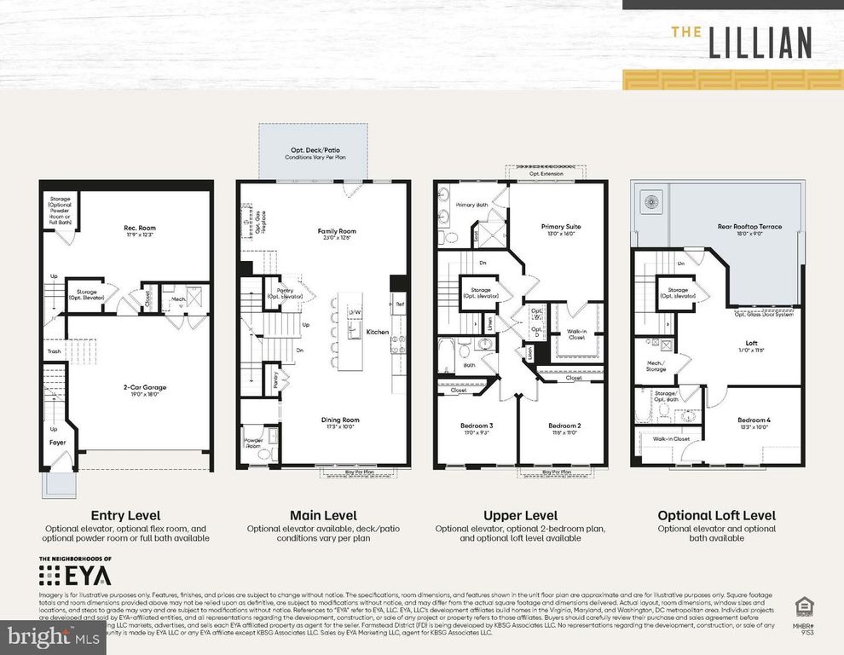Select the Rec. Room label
[x=141, y=228]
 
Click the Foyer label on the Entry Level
[x=56, y=443]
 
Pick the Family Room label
[x=337, y=231]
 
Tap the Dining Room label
[x=339, y=419]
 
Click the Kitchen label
[x=377, y=332]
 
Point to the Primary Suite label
[x=561, y=227]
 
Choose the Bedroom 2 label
[x=564, y=425]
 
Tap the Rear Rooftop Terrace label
[x=749, y=227]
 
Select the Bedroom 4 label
[x=754, y=420]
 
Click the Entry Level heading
[x=125, y=515]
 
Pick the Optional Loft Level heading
[x=716, y=515]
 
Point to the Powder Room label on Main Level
[x=252, y=443]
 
